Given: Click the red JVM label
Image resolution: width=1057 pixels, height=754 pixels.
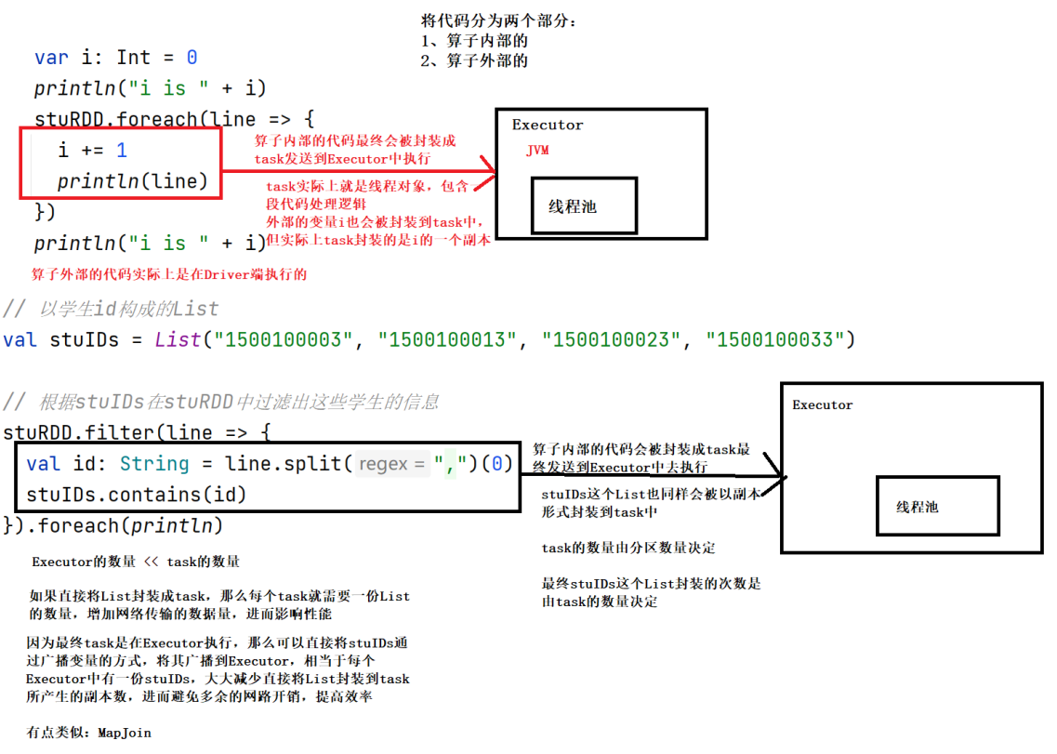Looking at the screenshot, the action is click(x=537, y=151).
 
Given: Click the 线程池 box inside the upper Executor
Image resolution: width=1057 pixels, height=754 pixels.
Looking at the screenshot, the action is click(x=584, y=206).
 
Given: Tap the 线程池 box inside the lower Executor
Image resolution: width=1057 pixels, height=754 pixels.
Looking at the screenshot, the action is click(x=937, y=507).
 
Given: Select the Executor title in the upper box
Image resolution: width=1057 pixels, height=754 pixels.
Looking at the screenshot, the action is click(x=548, y=125).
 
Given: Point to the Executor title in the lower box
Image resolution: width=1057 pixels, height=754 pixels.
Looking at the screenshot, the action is click(x=822, y=404).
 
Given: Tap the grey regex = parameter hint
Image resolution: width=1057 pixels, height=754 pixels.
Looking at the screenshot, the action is click(x=392, y=463).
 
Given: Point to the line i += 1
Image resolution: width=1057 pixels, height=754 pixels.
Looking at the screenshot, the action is click(x=92, y=150).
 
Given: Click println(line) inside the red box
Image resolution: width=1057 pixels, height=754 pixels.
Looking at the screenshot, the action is click(x=133, y=181).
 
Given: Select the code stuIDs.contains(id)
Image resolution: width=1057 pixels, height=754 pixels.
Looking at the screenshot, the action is click(x=137, y=494).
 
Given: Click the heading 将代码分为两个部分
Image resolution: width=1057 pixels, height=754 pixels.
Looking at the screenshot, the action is click(x=498, y=20).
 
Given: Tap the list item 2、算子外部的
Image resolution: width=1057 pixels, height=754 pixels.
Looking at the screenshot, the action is click(x=475, y=60).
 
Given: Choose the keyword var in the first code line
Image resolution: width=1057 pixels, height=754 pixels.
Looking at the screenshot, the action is click(x=51, y=58).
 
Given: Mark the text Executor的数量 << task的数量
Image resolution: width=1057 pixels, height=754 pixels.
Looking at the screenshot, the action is click(x=136, y=562).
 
